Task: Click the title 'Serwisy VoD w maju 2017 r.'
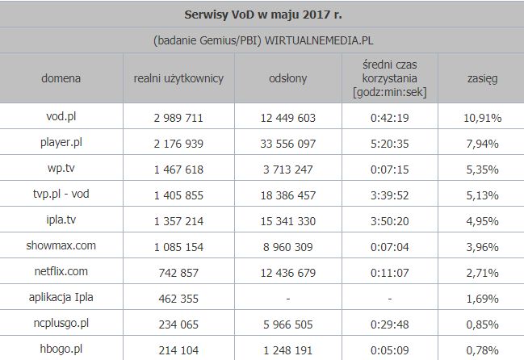coord(262,14)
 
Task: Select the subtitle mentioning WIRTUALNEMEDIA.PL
coord(262,39)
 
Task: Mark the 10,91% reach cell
coord(481,118)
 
